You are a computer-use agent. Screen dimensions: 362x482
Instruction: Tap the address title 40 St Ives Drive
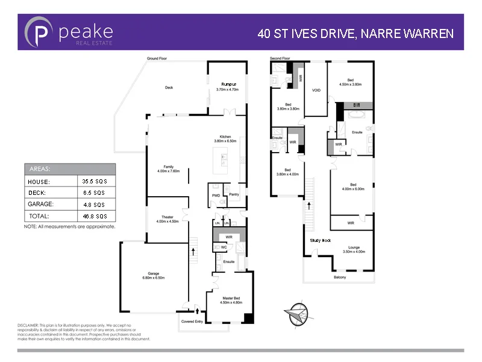coord(355,33)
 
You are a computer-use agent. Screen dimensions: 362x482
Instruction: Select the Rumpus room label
coord(228,84)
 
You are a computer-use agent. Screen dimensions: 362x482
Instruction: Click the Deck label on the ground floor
coord(169,87)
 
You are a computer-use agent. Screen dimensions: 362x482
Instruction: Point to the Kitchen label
coord(225,138)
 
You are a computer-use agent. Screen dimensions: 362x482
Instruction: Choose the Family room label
coord(168,167)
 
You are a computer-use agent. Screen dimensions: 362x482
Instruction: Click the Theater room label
coord(167,217)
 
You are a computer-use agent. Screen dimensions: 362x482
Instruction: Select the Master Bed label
coord(228,299)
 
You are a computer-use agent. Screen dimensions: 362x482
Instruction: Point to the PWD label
coord(216,195)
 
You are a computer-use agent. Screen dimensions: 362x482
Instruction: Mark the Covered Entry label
coord(193,322)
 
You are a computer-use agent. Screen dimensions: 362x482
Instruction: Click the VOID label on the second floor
coord(316,91)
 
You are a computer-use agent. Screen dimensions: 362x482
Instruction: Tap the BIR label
coord(356,104)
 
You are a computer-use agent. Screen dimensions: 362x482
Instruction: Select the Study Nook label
coord(320,240)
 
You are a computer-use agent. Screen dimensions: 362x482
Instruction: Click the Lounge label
coord(354,247)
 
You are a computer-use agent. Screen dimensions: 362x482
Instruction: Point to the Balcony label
coord(340,278)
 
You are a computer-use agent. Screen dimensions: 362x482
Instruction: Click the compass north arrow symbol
coord(297,313)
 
